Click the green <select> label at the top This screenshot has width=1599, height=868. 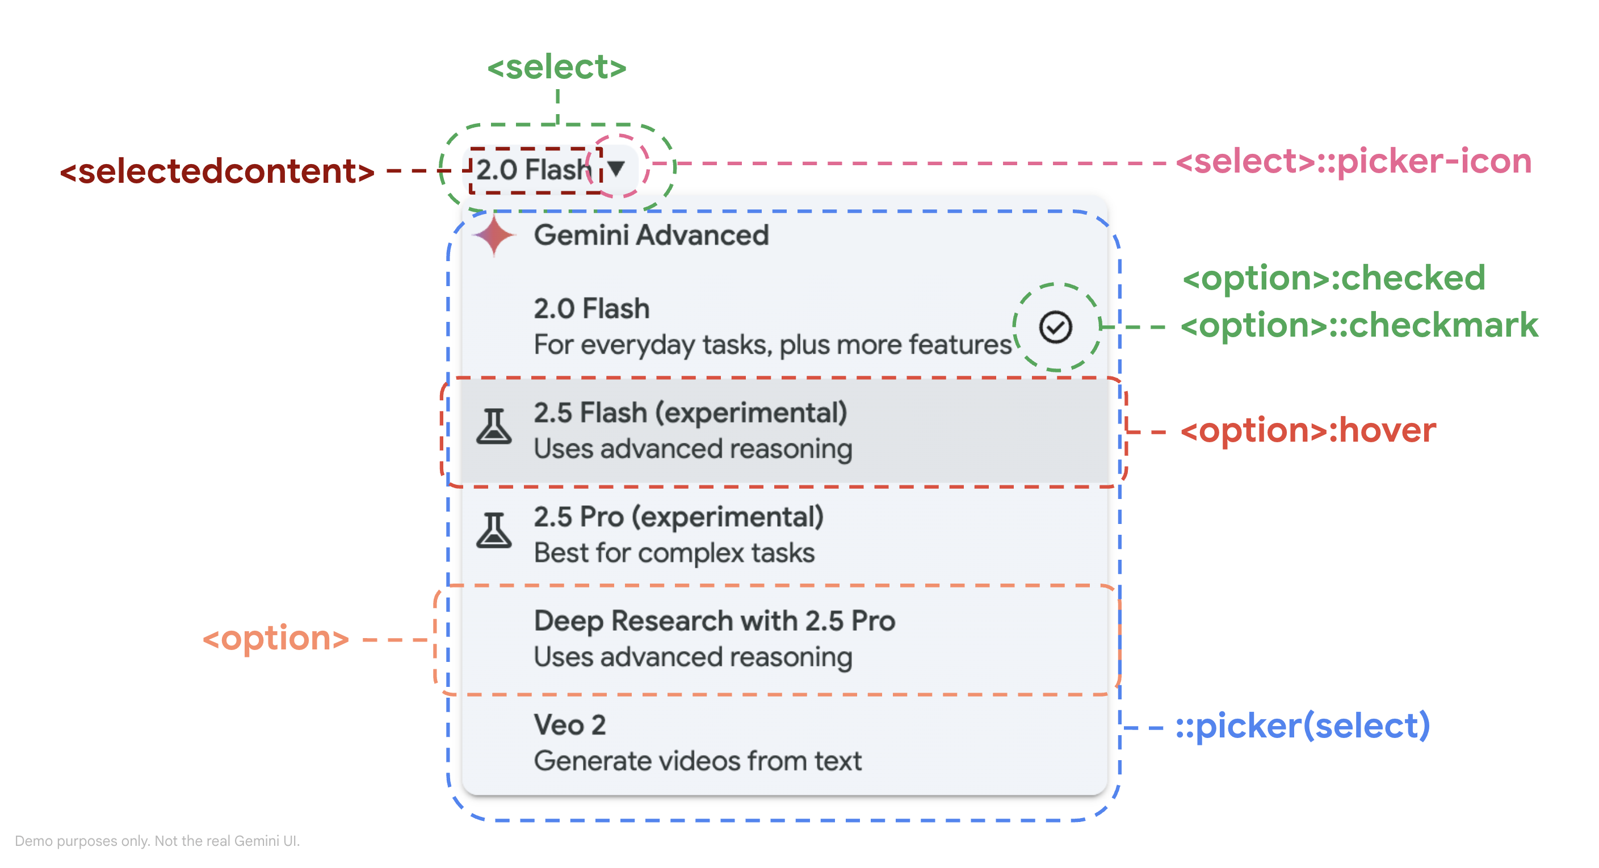coord(557,67)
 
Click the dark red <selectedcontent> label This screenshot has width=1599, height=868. coord(217,171)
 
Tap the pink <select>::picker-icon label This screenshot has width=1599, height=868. coord(1353,161)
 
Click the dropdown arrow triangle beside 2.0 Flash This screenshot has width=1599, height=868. coord(616,168)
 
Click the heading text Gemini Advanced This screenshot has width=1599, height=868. coord(651,236)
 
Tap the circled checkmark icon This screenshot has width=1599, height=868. coord(1055,327)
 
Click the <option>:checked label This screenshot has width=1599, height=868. coord(1333,278)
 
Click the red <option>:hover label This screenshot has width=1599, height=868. coord(1307,430)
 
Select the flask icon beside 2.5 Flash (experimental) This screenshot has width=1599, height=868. coord(494,426)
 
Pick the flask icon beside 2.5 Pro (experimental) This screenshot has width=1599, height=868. coord(494,530)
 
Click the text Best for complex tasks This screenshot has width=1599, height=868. coord(674,552)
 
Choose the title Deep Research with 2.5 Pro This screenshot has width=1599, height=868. coord(714,620)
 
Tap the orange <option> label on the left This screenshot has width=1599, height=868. coord(276,638)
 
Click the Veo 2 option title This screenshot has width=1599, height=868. coord(569,724)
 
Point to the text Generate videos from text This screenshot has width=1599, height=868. coord(698,761)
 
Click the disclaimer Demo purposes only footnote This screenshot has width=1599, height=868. coord(157,841)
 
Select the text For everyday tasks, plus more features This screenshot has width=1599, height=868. coord(772,345)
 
